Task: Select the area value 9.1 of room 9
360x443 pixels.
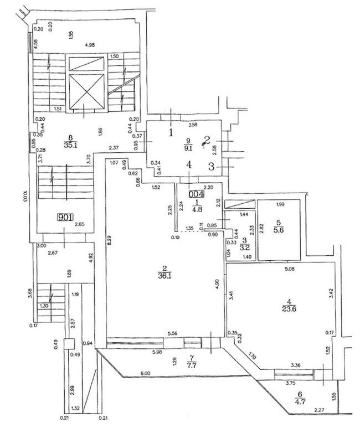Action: click(189, 148)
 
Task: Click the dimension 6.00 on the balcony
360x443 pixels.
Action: click(146, 374)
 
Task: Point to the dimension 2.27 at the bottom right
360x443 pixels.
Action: click(319, 410)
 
